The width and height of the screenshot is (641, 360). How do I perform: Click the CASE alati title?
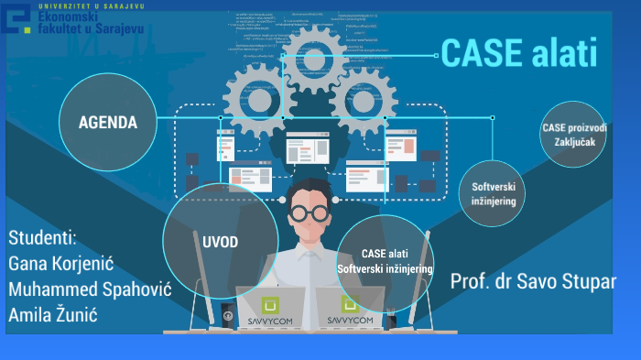(518, 53)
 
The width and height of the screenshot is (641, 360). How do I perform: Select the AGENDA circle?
(107, 122)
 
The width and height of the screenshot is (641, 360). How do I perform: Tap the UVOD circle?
(220, 240)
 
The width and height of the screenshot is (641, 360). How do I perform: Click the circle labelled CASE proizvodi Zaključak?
(574, 134)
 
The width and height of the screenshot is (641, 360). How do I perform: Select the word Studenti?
(43, 239)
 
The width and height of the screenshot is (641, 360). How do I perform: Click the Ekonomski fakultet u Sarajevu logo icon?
(19, 18)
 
